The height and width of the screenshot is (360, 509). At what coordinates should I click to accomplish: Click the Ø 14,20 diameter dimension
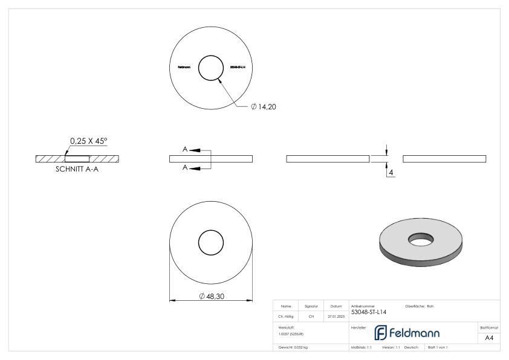[264, 106]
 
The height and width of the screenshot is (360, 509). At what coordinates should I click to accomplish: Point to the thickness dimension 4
[392, 173]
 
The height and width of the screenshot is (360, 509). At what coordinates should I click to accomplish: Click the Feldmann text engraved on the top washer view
[183, 67]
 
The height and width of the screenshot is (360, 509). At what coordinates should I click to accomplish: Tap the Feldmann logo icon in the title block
[382, 333]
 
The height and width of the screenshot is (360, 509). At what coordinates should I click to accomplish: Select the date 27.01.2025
[336, 316]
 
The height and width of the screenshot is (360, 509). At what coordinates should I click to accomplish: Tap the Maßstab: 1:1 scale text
[361, 348]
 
